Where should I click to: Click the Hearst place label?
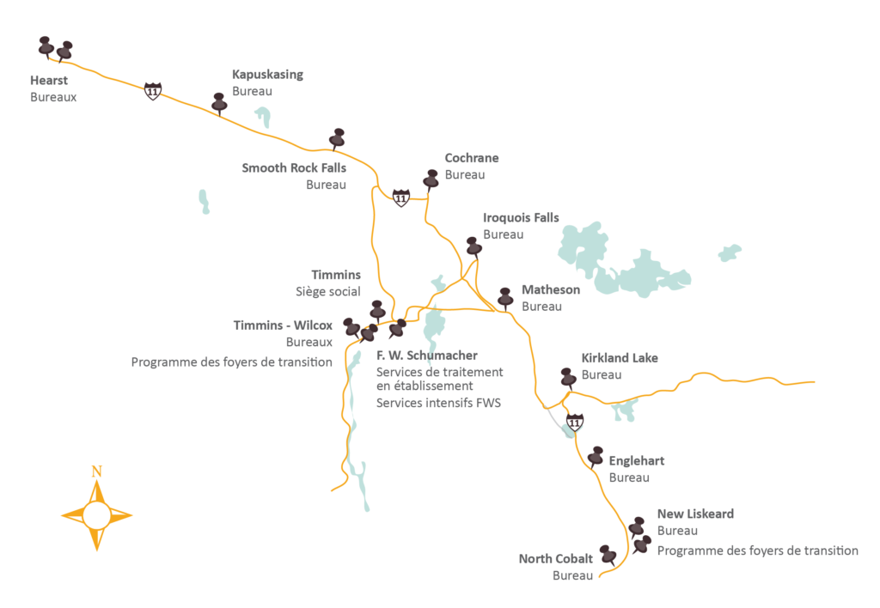(x=49, y=80)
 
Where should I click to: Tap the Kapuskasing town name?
(x=267, y=75)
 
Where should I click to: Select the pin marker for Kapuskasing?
(x=219, y=102)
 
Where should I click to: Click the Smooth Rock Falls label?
(x=293, y=167)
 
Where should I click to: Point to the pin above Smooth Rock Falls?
(x=337, y=137)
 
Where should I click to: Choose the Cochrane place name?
(x=471, y=158)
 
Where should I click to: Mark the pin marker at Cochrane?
(x=431, y=179)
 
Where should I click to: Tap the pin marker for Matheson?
(x=505, y=297)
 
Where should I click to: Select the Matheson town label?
(x=551, y=289)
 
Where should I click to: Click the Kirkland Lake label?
(x=620, y=358)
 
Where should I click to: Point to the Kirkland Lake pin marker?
(x=567, y=377)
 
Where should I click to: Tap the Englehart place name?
(x=637, y=461)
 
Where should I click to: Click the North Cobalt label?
(x=556, y=559)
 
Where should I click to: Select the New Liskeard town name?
(x=695, y=514)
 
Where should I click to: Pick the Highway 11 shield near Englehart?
(x=575, y=423)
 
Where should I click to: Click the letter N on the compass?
(x=97, y=471)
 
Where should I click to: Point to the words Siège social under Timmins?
(x=328, y=292)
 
